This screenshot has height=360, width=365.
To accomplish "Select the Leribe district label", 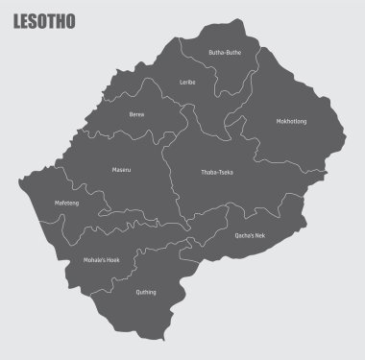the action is [x=187, y=83].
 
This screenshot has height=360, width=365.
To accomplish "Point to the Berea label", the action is [x=136, y=114].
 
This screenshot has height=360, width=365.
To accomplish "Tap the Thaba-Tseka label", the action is [x=216, y=173].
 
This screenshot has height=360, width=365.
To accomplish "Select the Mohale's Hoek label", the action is [x=100, y=260].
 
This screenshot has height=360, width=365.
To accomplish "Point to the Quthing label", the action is [x=147, y=292].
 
